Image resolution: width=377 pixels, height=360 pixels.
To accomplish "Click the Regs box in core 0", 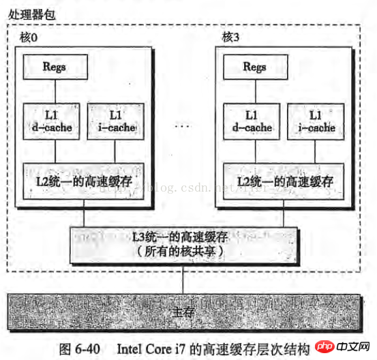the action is tap(55, 67).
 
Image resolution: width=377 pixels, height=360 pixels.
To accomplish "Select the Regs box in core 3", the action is tap(256, 67).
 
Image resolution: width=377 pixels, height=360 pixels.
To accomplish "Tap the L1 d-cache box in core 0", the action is tap(51, 121).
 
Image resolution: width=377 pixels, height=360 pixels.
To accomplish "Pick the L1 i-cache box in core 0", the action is tap(116, 121).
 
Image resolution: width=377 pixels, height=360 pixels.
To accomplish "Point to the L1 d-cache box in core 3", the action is tap(252, 121).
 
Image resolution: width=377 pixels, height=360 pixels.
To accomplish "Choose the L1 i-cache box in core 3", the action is tap(316, 121).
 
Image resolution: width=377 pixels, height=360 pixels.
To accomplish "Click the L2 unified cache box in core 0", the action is tap(84, 181).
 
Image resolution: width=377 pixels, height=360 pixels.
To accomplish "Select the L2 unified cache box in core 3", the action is tap(284, 181).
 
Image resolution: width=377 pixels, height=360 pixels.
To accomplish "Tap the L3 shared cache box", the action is tap(183, 245).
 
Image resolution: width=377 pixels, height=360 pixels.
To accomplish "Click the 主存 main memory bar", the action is tap(185, 312).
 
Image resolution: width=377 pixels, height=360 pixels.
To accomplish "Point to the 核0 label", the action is tap(29, 37).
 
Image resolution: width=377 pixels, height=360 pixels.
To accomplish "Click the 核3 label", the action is tap(230, 37).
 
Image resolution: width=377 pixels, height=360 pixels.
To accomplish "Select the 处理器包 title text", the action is tap(32, 15).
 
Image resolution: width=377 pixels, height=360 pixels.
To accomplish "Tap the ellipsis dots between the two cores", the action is tap(182, 125).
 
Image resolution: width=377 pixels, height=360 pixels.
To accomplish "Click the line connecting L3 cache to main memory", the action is tap(183, 279).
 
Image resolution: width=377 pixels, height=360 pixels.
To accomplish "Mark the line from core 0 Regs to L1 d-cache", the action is tap(55, 91).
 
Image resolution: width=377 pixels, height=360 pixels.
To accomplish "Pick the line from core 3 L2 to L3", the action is tap(284, 213).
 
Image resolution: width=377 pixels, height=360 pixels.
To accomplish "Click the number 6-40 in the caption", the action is tap(87, 349).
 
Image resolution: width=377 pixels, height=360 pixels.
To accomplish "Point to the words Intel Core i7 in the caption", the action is tap(151, 349).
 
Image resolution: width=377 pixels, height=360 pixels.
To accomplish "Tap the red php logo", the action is tap(325, 346).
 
